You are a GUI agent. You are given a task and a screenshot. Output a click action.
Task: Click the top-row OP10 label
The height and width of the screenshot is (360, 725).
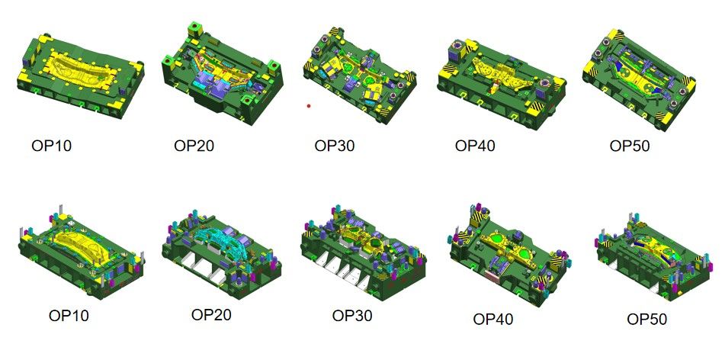pos(51,146)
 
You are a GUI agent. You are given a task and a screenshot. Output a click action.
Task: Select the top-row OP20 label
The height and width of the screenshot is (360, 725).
pos(194,146)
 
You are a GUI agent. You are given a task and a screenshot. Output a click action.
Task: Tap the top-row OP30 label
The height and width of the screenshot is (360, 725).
pos(335,146)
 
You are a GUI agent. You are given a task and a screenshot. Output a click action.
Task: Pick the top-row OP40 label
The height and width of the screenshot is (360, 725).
pos(475,146)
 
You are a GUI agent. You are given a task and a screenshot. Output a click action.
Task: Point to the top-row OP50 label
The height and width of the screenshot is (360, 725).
pos(629,146)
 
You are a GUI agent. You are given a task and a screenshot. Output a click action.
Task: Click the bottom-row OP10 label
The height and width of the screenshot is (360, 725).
pos(69,316)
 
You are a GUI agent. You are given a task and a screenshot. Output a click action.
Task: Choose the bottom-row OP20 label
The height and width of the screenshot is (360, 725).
pos(211,315)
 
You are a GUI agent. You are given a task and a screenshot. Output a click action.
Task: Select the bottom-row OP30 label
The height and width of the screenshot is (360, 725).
pos(352,316)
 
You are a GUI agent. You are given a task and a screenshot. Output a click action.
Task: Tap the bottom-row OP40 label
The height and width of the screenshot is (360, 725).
pos(493,319)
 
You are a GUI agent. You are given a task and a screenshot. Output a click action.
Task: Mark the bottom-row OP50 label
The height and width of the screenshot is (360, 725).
pos(647,319)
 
